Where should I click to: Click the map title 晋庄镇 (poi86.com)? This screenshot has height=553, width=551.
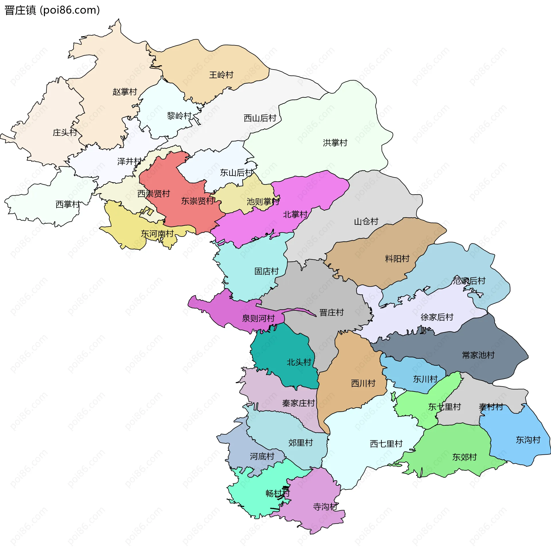(52, 10)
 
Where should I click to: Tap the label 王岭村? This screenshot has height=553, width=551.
(221, 75)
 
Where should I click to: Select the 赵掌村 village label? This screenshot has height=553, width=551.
(125, 92)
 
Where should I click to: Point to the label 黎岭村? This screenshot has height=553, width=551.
(179, 116)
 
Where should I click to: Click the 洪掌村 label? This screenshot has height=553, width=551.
(335, 143)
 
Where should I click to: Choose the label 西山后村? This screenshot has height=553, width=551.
(260, 118)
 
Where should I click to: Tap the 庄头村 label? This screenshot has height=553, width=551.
(65, 133)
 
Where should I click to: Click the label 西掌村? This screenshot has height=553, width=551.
(68, 204)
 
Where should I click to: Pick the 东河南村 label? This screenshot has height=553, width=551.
(157, 234)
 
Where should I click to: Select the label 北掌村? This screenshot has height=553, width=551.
(295, 214)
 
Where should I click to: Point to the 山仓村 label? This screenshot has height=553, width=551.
(366, 222)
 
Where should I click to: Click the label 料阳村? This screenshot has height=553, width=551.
(397, 259)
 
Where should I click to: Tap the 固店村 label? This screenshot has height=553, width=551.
(267, 271)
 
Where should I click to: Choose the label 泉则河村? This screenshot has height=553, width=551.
(259, 318)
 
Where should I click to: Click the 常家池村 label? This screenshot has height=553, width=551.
(478, 355)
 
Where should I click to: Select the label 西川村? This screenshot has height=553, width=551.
(363, 383)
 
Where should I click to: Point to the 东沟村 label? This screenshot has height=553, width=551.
(528, 440)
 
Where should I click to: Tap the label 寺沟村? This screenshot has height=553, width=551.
(325, 507)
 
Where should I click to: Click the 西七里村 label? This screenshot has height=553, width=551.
(386, 444)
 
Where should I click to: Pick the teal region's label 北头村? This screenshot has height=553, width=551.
(299, 362)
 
